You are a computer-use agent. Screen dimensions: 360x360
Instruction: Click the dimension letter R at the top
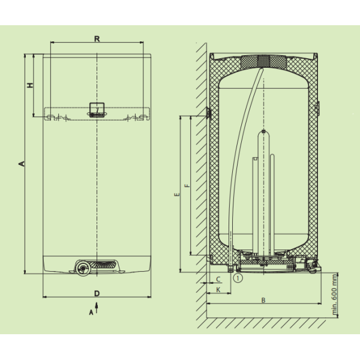97,39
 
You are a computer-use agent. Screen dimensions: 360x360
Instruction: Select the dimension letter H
30,85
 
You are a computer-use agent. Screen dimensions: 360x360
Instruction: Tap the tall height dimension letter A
22,164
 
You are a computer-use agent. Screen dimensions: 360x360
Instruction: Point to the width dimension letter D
97,293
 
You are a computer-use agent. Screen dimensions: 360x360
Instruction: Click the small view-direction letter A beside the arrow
91,313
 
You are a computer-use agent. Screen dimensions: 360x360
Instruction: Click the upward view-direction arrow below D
97,308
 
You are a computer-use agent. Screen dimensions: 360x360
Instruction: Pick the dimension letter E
177,194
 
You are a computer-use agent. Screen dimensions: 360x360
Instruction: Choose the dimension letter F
188,185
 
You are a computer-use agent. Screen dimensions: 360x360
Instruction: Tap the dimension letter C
218,279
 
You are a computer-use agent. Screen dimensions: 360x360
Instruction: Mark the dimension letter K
218,290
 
